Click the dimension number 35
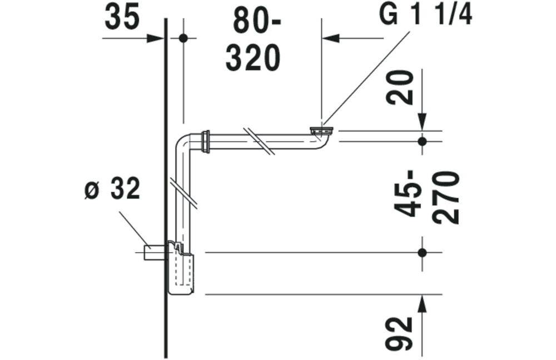tap(122, 18)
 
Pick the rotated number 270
tap(446, 197)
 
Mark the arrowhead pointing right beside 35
tap(156, 38)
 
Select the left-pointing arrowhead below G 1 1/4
tap(330, 38)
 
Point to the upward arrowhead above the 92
tap(422, 303)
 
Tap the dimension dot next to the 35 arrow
tap(183, 38)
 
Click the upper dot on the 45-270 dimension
tap(422, 141)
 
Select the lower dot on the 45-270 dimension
tap(422, 252)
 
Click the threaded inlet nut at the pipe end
tap(321, 131)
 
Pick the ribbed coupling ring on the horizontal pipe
tap(207, 141)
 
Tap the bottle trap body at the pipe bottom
tap(181, 273)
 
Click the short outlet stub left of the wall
tap(153, 252)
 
